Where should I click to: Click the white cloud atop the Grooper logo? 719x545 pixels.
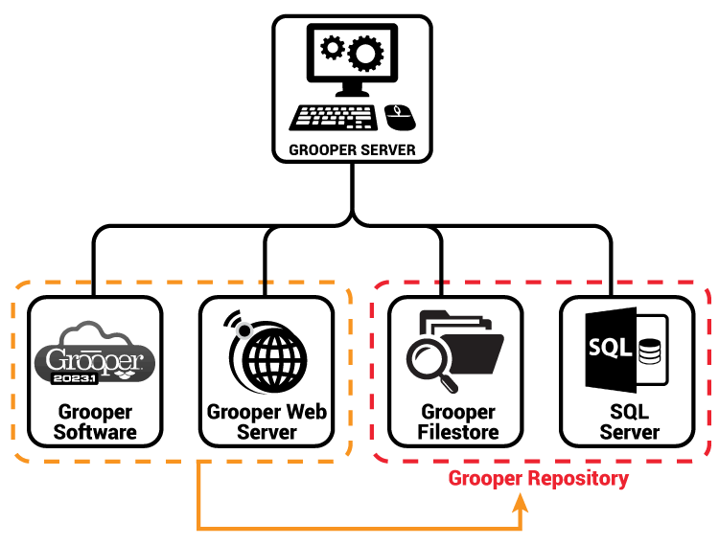click(93, 336)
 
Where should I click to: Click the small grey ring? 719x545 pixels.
click(244, 331)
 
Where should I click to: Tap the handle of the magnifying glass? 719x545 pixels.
click(449, 384)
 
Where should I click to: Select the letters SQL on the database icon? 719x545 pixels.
click(610, 348)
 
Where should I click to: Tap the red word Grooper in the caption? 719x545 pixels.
click(482, 479)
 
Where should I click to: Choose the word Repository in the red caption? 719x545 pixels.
click(574, 479)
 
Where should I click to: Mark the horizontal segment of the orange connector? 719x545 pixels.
click(359, 528)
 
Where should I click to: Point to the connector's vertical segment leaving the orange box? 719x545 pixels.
click(198, 493)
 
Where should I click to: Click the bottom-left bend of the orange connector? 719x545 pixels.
click(199, 528)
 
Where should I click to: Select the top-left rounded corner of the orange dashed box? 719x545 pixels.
click(18, 287)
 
